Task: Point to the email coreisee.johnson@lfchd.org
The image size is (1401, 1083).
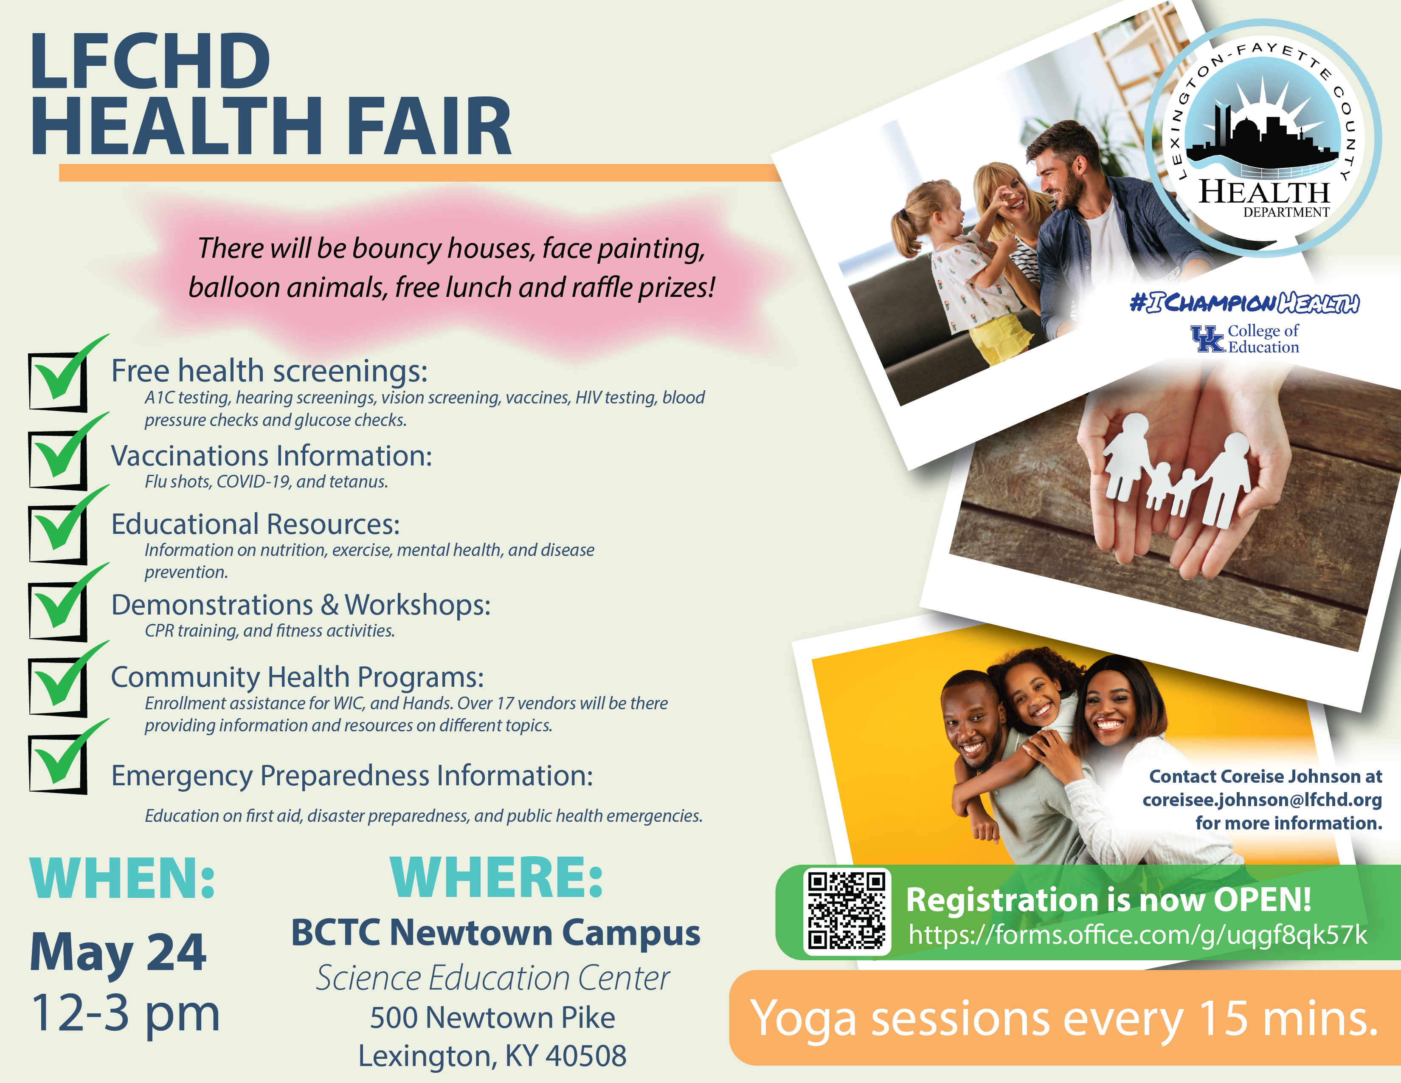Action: tap(1262, 799)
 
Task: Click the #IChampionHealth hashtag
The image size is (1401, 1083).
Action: tap(1244, 302)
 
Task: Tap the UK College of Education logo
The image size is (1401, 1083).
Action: tap(1244, 339)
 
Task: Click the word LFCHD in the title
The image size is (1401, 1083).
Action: tap(150, 61)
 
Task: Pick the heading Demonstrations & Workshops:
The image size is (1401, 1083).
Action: tap(301, 605)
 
